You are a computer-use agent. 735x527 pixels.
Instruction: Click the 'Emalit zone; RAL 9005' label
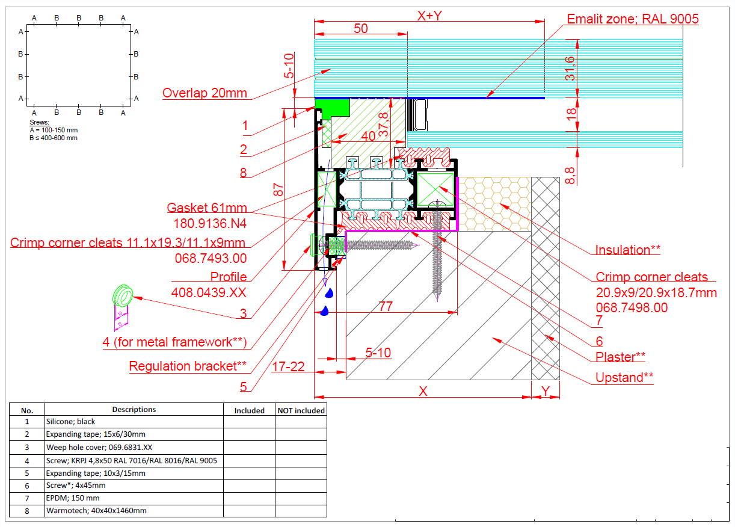coord(633,19)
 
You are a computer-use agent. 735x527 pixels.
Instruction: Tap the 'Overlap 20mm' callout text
coord(205,93)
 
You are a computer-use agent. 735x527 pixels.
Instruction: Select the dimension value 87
coord(278,190)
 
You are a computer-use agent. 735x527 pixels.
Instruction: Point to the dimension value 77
coord(386,306)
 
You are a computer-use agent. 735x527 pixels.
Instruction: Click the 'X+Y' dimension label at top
coord(429,16)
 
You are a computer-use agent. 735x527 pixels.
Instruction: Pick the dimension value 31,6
coord(570,68)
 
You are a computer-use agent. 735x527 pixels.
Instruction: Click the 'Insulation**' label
coord(628,250)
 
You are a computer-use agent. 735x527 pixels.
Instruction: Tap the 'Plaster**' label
coord(620,357)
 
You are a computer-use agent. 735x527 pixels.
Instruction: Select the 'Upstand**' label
coord(624,377)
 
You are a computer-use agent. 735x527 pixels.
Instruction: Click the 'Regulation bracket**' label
coord(188,366)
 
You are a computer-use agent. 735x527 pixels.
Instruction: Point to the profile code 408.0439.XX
coord(209,292)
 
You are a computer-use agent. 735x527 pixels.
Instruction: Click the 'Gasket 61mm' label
coord(207,208)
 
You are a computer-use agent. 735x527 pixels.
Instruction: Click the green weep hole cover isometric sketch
coord(123,296)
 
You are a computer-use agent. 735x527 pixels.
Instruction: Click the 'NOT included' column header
coord(301,410)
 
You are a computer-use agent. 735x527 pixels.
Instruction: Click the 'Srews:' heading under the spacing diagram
coord(39,122)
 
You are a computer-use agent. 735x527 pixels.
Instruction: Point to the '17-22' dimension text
coord(288,366)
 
